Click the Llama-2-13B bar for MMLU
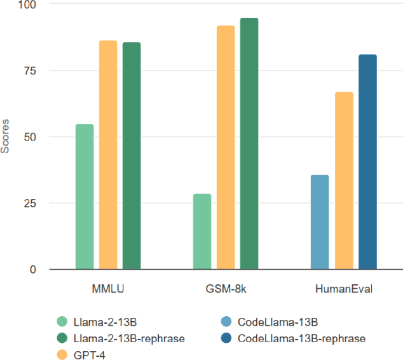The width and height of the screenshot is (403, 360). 85,197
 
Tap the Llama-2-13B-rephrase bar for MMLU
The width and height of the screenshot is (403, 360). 132,156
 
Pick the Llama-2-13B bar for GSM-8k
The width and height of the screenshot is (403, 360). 202,232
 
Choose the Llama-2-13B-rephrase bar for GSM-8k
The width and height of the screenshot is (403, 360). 249,144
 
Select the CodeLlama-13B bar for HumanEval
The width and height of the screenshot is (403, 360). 320,222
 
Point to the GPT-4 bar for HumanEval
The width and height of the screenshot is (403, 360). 344,181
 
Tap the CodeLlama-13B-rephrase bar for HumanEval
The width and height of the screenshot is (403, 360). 367,162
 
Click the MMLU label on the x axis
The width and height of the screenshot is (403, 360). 108,289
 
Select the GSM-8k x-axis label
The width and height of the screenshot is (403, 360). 226,289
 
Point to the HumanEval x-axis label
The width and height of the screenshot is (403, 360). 344,289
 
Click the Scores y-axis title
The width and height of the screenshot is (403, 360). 6,137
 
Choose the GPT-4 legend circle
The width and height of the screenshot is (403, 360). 62,354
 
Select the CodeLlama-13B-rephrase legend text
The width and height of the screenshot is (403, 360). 301,338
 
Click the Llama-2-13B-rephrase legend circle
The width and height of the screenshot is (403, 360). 62,338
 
